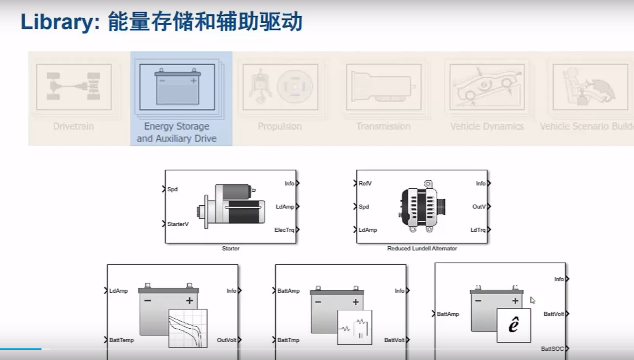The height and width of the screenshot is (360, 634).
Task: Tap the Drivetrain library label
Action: (x=73, y=126)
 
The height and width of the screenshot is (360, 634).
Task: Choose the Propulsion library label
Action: (x=280, y=126)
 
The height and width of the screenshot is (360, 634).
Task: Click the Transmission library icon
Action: (x=383, y=87)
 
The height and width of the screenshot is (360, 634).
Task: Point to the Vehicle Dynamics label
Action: (x=487, y=126)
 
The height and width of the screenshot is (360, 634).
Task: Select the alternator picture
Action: (x=422, y=207)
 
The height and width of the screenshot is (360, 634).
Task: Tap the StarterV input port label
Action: (x=178, y=224)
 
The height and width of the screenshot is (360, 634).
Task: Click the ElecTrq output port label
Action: (x=284, y=230)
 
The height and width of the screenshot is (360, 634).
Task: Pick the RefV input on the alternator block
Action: (x=365, y=183)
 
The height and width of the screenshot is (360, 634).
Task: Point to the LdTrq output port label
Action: (x=478, y=230)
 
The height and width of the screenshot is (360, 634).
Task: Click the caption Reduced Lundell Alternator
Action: (x=422, y=248)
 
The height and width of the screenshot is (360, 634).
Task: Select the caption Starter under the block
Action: (x=231, y=248)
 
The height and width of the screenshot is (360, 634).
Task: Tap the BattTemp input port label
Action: (x=121, y=340)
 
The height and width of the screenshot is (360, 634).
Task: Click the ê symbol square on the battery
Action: (x=514, y=325)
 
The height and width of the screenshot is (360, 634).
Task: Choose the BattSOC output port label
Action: (x=552, y=348)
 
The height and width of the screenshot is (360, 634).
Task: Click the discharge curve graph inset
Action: (x=188, y=328)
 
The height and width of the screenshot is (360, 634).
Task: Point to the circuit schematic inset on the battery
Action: (x=354, y=327)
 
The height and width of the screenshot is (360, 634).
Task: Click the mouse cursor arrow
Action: (x=533, y=300)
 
